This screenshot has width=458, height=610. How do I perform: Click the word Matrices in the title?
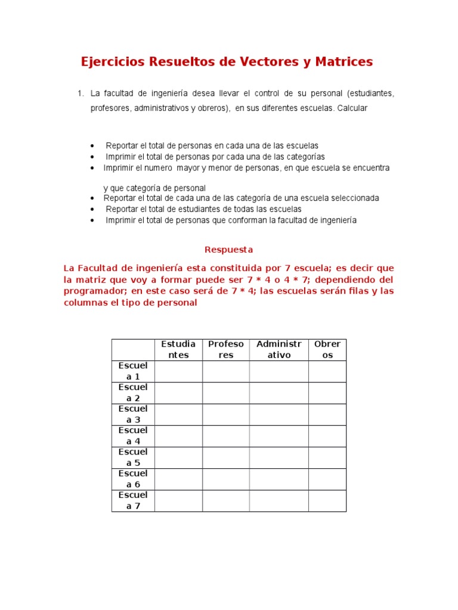coord(342,61)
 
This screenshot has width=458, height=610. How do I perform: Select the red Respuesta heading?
coord(229,249)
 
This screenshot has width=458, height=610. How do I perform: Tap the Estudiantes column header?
coord(178,350)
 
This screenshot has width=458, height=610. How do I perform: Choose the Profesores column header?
coord(225,350)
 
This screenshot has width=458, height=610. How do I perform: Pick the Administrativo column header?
coord(278,350)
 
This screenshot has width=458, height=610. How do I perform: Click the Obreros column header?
coord(327,350)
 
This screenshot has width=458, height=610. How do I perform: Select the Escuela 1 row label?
coord(133,371)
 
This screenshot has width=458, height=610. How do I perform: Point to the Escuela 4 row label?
coord(133,436)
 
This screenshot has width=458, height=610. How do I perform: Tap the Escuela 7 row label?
coord(133,500)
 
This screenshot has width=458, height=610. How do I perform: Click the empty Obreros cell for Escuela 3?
coord(327,415)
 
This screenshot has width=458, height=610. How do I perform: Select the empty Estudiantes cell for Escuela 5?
coord(178,457)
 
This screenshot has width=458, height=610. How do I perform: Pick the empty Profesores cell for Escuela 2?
coord(225,393)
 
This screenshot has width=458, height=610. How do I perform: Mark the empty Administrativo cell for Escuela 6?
coord(278,479)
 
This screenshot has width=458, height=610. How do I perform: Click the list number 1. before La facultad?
coord(81,94)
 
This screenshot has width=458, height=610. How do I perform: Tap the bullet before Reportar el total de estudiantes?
coord(92,210)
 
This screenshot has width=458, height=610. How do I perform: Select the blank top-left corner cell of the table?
coord(133,350)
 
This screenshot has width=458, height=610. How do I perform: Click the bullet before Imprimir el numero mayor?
coord(92,169)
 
